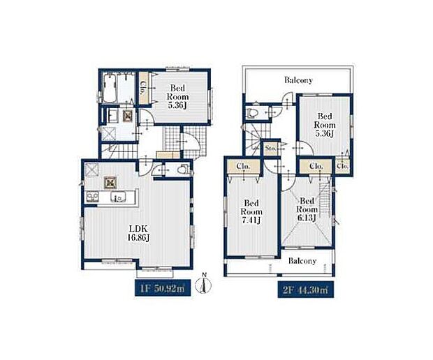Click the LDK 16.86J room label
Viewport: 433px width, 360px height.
coord(138,233)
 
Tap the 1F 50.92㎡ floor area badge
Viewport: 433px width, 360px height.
coord(163,288)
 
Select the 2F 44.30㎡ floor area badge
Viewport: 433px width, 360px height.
coord(306,290)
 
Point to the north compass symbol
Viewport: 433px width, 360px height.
coord(203,283)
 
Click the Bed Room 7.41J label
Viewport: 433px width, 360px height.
coord(251,212)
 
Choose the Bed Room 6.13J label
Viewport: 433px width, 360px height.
coord(307,209)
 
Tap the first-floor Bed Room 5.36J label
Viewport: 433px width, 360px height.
coord(177,96)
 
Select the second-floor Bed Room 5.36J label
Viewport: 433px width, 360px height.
coord(325,125)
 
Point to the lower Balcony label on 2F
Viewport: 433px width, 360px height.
coord(302,261)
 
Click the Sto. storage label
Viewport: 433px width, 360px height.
coord(270,149)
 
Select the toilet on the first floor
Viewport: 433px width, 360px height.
coord(183,169)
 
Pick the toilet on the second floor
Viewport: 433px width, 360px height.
coord(252,113)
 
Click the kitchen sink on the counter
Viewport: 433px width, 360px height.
coord(118,197)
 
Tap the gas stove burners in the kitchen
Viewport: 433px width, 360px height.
coord(92,197)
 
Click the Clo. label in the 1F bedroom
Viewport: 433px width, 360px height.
coord(143,88)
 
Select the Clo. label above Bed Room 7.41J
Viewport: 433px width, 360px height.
coord(243,166)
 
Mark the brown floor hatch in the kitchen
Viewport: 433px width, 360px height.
coord(110,183)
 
